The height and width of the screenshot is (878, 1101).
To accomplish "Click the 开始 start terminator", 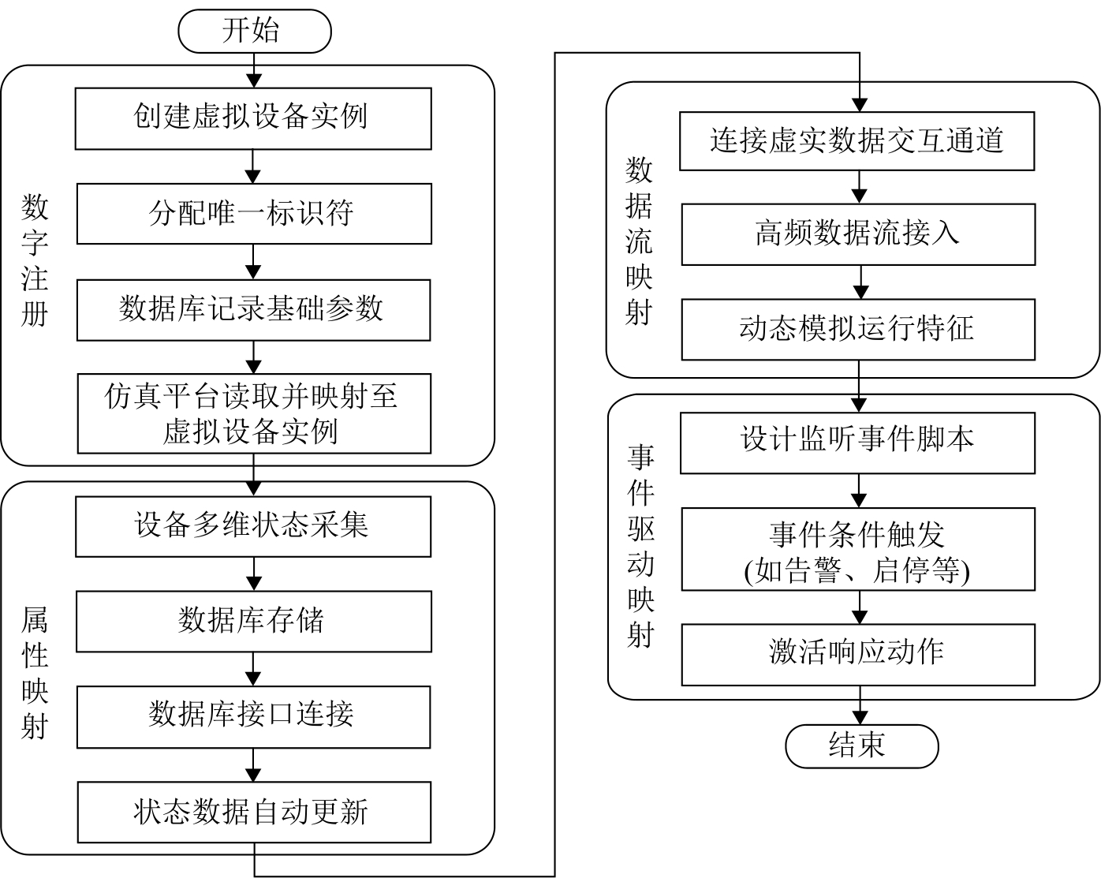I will tap(254, 31).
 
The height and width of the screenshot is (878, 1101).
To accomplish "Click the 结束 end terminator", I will tap(861, 745).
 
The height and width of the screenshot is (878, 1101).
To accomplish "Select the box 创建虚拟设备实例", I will tap(253, 118).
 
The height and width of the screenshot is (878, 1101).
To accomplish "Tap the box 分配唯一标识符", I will tap(253, 214).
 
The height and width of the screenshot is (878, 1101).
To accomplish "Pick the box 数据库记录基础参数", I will tap(253, 309).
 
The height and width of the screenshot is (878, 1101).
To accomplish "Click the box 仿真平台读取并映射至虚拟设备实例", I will tap(253, 413).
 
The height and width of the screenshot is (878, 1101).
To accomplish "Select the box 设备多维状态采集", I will tap(253, 526).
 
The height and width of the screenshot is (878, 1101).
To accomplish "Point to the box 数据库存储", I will tap(253, 622).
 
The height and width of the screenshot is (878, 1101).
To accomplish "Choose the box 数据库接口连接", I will tap(253, 716).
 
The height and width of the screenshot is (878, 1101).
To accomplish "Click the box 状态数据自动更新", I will tap(253, 812).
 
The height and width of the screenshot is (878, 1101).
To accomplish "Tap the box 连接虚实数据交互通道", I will tap(857, 141).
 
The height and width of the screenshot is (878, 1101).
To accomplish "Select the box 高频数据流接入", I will tap(858, 234).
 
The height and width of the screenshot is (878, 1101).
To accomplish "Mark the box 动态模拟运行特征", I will tap(858, 329).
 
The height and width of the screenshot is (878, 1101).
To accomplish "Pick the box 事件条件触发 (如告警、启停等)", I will tap(857, 549).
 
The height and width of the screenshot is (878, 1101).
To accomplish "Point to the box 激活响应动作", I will tap(857, 654).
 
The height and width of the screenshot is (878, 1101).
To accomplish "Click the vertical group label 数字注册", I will tap(35, 260).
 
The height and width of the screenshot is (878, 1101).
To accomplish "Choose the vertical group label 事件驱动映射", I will tap(640, 544).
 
